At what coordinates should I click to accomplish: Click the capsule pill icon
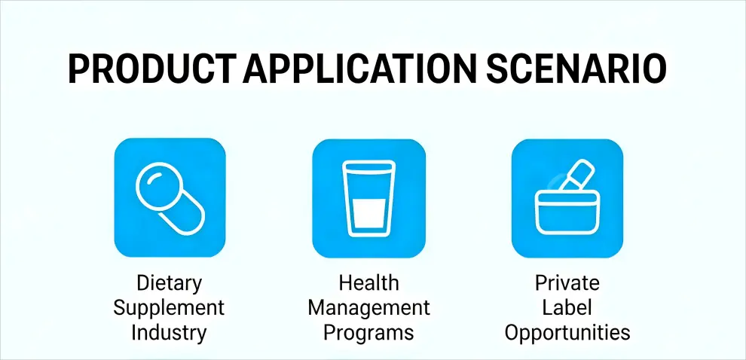169,197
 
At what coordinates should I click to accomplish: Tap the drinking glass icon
368,197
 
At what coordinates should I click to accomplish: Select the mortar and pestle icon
567,197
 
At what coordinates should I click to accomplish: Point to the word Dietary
169,283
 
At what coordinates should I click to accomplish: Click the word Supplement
169,307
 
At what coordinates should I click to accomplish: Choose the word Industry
169,332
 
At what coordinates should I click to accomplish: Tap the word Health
368,283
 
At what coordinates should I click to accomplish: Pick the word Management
368,307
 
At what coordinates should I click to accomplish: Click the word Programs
368,332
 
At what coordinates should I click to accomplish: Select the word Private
567,283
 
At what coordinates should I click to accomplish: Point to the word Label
567,307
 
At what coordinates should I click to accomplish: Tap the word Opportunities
567,332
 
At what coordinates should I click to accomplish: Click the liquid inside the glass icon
368,215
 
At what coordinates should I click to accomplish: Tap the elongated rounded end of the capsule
183,214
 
